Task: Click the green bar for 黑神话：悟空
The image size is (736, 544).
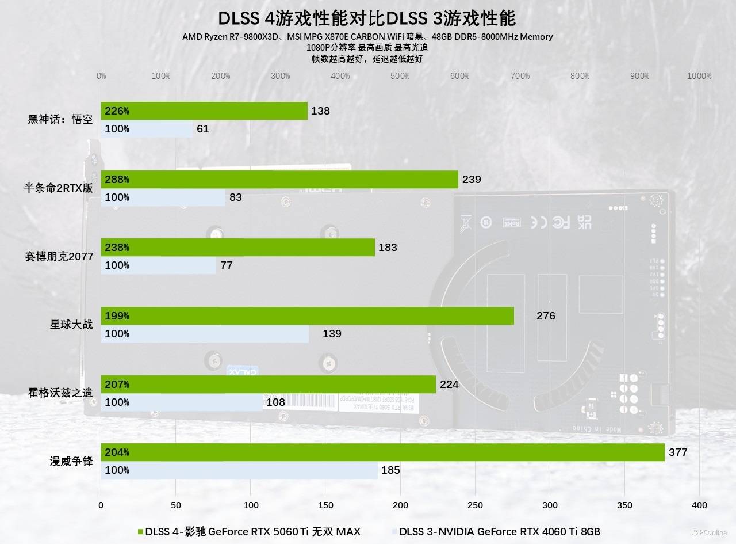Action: pos(204,111)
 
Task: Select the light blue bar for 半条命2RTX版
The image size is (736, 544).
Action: pos(163,197)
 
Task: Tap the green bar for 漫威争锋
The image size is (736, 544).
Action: pos(382,452)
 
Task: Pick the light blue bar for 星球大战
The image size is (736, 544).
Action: pos(205,334)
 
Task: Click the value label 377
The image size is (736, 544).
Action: pos(678,452)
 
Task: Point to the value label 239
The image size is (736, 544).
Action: pos(471,180)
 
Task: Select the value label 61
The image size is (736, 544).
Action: pos(202,129)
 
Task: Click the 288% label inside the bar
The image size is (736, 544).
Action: pos(117,180)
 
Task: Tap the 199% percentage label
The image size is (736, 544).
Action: pos(117,316)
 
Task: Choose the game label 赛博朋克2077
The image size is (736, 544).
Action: pos(59,257)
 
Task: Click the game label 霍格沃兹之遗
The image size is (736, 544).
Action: pos(60,393)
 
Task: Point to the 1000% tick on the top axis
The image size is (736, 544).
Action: pos(699,76)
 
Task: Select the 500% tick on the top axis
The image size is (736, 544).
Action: pos(400,76)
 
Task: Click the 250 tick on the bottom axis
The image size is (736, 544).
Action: pos(475,505)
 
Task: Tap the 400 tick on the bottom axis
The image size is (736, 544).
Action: pos(699,505)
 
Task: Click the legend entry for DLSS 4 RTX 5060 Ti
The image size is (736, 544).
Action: pos(250,531)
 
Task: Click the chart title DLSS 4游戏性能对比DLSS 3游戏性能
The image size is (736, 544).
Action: pos(367,18)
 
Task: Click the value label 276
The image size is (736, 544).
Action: pos(546,316)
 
